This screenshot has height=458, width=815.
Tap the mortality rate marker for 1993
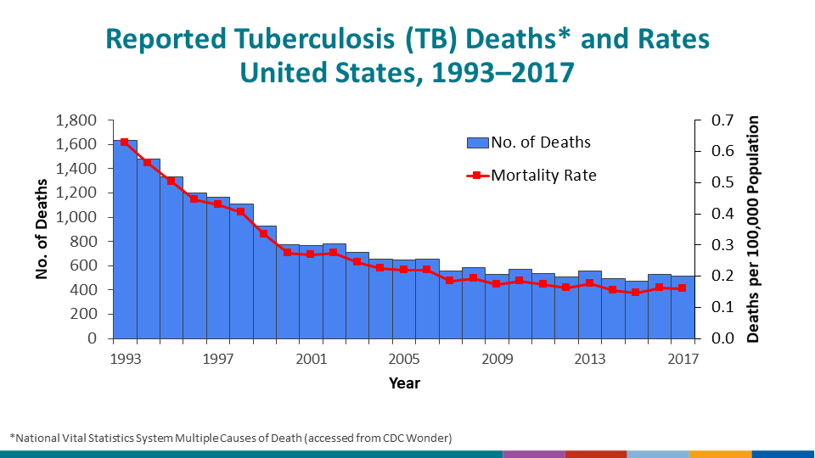click(125, 142)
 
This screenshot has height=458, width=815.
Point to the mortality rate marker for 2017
click(683, 288)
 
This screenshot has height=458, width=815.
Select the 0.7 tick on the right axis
click(711, 120)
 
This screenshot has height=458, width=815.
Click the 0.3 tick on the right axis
click(711, 244)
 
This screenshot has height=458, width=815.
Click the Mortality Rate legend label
click(543, 176)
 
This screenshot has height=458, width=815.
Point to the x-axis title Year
click(404, 383)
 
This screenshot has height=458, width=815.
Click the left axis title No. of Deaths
click(41, 229)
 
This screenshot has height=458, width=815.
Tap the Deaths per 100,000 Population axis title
click(753, 229)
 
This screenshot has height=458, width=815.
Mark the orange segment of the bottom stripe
click(720, 454)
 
